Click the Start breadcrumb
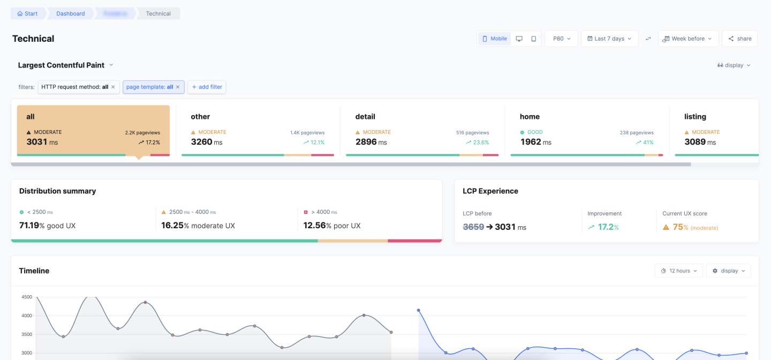pyautogui.click(x=27, y=13)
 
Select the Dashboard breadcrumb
pyautogui.click(x=70, y=13)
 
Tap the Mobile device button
pyautogui.click(x=494, y=39)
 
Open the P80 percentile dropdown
pyautogui.click(x=561, y=39)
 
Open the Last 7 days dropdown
pyautogui.click(x=609, y=39)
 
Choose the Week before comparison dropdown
pyautogui.click(x=687, y=39)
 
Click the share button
pyautogui.click(x=739, y=39)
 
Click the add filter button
pyautogui.click(x=207, y=87)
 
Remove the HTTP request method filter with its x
pyautogui.click(x=113, y=87)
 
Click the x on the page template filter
pyautogui.click(x=178, y=87)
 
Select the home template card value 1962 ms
pyautogui.click(x=535, y=142)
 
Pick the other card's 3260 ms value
pyautogui.click(x=206, y=142)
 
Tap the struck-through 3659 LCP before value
pyautogui.click(x=473, y=227)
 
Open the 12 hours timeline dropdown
pyautogui.click(x=678, y=271)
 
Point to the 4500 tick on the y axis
pyautogui.click(x=26, y=297)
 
